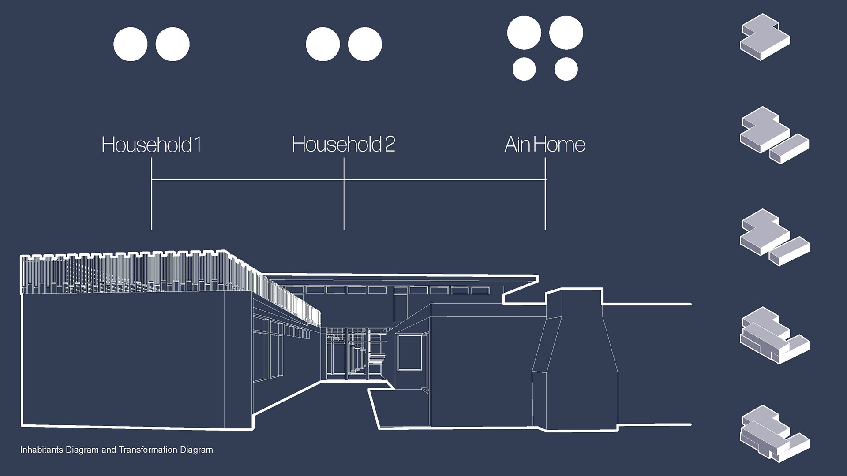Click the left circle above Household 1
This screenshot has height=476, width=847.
[131, 44]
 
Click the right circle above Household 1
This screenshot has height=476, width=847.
[172, 44]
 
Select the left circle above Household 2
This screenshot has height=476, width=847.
[323, 44]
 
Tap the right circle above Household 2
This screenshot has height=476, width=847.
[365, 44]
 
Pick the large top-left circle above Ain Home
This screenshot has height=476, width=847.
[524, 33]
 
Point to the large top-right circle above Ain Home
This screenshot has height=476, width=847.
[566, 33]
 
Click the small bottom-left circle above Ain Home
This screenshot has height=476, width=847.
[524, 69]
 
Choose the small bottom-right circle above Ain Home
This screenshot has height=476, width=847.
[566, 69]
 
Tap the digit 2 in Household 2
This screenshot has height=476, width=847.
[390, 145]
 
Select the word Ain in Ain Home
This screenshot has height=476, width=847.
[517, 145]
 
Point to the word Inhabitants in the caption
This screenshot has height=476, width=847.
[42, 450]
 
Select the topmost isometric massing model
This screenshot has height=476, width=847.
[765, 37]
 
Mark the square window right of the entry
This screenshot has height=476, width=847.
[410, 352]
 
